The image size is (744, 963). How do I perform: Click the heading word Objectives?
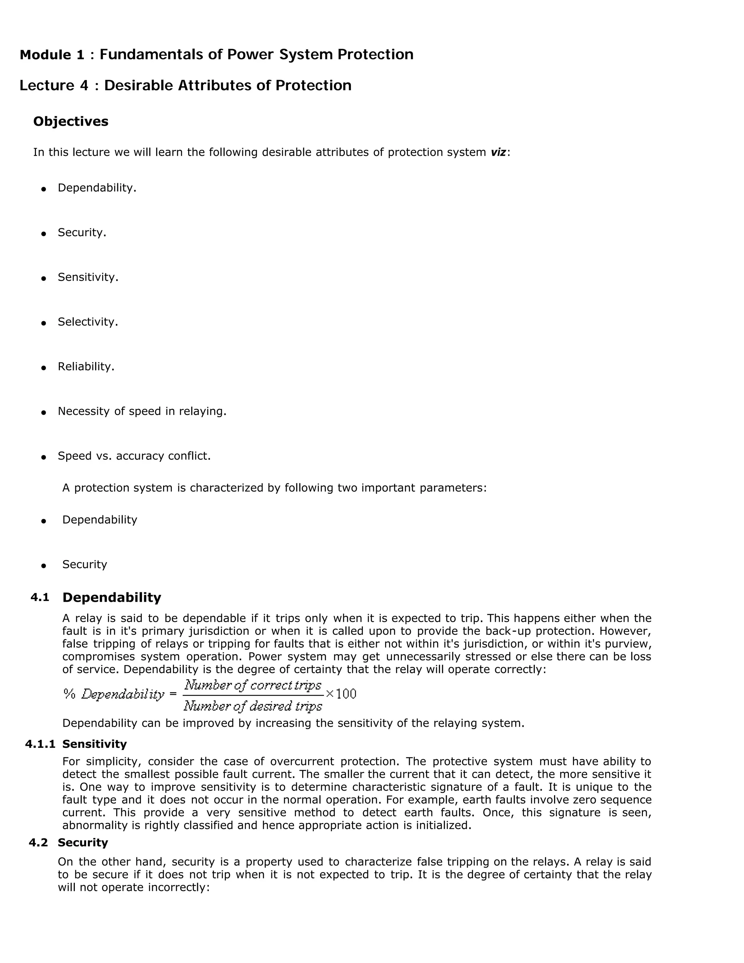point(70,121)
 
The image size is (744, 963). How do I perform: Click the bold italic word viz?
point(498,152)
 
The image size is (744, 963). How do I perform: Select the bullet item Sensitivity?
point(88,277)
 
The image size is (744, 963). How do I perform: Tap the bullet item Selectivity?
point(88,322)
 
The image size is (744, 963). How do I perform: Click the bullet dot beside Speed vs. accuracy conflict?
point(43,457)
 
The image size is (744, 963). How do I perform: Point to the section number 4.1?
point(40,597)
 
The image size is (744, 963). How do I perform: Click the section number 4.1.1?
point(40,744)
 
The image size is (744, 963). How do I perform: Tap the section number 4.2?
point(39,843)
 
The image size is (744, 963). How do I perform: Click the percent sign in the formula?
point(69,694)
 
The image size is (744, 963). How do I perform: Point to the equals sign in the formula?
point(173,694)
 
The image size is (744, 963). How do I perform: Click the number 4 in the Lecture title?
point(84,85)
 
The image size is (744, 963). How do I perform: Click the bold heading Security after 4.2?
point(83,843)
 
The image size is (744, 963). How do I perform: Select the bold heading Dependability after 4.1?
point(112,597)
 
